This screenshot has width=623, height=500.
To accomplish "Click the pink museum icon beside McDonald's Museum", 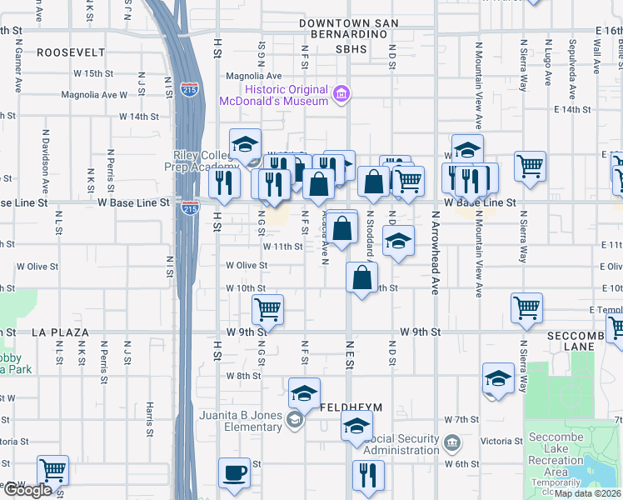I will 341,95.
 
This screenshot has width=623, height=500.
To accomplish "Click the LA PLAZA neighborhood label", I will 60,332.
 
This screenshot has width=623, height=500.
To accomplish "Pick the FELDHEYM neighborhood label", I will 351,407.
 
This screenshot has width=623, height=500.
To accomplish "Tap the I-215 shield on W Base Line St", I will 190,207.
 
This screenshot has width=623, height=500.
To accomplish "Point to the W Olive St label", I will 247,266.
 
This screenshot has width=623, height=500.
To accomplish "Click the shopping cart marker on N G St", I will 267,309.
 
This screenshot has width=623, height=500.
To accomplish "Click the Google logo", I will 27,491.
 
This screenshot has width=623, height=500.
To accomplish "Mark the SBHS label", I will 351,50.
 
